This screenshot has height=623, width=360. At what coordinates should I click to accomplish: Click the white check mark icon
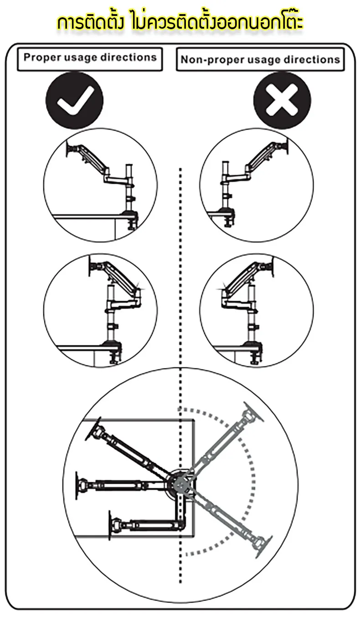pos(75,101)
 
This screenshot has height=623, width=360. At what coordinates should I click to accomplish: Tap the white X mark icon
pos(282,101)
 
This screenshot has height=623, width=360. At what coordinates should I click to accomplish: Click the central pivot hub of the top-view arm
pos(180,484)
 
